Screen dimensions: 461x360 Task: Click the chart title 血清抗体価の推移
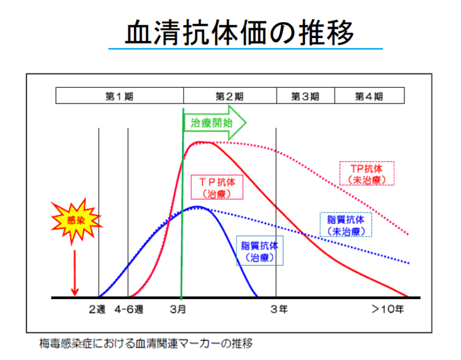[x=240, y=33]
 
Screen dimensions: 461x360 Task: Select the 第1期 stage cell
[x=120, y=95]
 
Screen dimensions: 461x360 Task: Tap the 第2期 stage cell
[x=230, y=95]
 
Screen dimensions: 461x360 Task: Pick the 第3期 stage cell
[x=305, y=95]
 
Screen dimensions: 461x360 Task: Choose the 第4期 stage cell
[x=369, y=95]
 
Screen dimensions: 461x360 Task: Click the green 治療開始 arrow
[x=215, y=122]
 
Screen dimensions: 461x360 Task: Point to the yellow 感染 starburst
[x=76, y=221]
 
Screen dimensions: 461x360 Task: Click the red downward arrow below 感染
[x=74, y=273]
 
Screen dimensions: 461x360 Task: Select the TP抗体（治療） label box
[x=217, y=187]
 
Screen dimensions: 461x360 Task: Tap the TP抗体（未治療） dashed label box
[x=367, y=173]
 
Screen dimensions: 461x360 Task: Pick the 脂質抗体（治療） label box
[x=260, y=251]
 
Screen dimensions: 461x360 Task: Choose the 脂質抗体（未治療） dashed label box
[x=345, y=224]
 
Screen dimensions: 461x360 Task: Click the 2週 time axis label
[x=97, y=309]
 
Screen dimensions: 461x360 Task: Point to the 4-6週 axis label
[x=129, y=309]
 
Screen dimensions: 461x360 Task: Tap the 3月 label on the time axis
[x=178, y=309]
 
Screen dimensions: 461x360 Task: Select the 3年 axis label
[x=279, y=309]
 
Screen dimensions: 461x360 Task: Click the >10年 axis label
[x=388, y=309]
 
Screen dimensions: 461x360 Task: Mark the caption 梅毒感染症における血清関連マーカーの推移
[x=146, y=343]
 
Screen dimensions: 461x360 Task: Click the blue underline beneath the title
[x=245, y=49]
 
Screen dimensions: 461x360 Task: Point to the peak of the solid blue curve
[x=197, y=206]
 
